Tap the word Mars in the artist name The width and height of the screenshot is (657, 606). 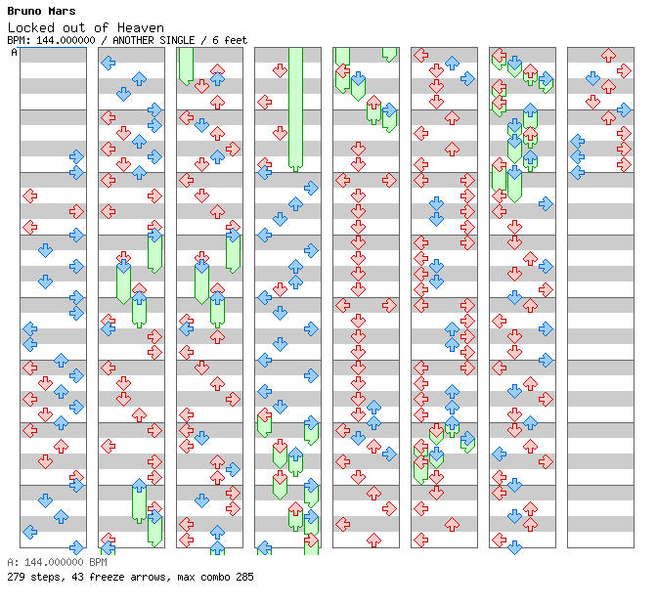point(62,11)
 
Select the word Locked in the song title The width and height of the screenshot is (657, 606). point(31,27)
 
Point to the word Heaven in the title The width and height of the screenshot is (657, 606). point(141,27)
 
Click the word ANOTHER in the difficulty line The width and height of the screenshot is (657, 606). point(133,40)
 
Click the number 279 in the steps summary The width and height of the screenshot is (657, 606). point(16,577)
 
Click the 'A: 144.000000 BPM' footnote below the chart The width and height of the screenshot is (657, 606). point(57,562)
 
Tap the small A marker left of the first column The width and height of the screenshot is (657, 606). point(15,52)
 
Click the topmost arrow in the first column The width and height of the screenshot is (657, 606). point(76,156)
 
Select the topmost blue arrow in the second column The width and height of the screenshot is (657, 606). point(109,63)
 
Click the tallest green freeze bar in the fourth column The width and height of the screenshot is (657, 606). point(295,109)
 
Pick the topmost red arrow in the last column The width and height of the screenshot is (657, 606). point(608,56)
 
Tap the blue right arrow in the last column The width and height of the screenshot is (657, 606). point(624,109)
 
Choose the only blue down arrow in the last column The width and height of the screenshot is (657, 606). point(592,79)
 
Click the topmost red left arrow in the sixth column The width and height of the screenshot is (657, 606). point(420,55)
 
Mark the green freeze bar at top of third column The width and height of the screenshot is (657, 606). point(186,66)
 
